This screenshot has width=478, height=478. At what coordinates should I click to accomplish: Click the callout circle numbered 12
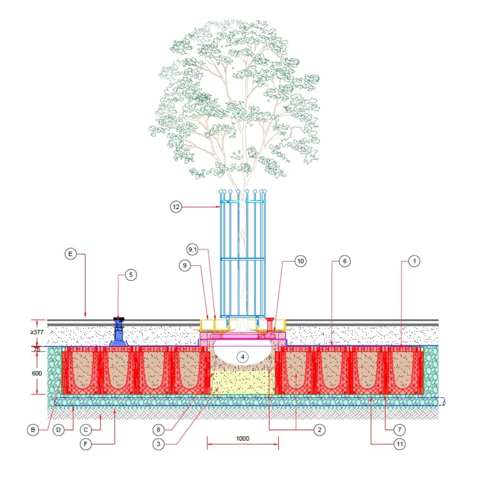(x=176, y=207)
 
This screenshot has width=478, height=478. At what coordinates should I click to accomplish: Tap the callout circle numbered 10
(x=300, y=261)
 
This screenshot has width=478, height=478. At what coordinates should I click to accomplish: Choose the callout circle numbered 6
(x=346, y=261)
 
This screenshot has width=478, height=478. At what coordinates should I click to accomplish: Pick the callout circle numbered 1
(x=414, y=261)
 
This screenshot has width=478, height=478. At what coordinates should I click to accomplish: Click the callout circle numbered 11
(x=400, y=444)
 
